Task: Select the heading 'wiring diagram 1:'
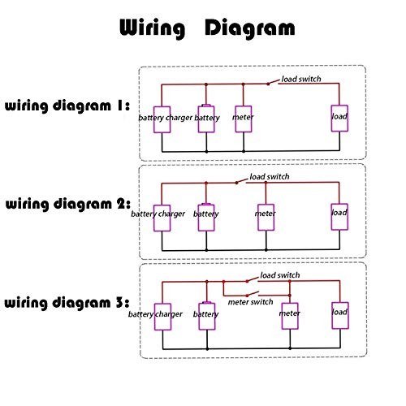pos(67,106)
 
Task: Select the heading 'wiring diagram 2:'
pos(68,204)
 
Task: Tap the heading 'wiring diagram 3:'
pos(67,303)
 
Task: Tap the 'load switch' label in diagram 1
pos(301,79)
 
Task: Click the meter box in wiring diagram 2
pos(266,218)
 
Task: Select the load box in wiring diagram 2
pos(339,217)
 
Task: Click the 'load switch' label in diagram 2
pos(270,177)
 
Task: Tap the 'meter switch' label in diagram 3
pos(250,302)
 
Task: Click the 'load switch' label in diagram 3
pos(280,275)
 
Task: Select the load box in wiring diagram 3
pos(340,316)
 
